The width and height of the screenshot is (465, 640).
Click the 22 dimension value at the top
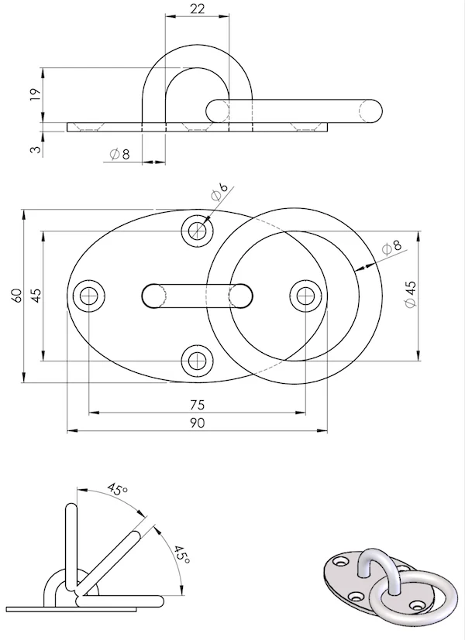point(197,9)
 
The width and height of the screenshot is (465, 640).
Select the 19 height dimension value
point(36,94)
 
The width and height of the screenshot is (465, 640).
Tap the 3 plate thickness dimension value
point(36,149)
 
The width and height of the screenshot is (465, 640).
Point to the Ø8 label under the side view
point(119,154)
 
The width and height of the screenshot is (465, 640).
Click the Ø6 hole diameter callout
point(219,192)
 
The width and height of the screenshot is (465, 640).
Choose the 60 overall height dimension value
point(17,295)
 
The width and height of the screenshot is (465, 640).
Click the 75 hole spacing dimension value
point(197,405)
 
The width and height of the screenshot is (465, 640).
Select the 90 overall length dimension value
point(197,423)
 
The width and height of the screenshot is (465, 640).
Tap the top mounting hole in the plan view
point(198,231)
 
